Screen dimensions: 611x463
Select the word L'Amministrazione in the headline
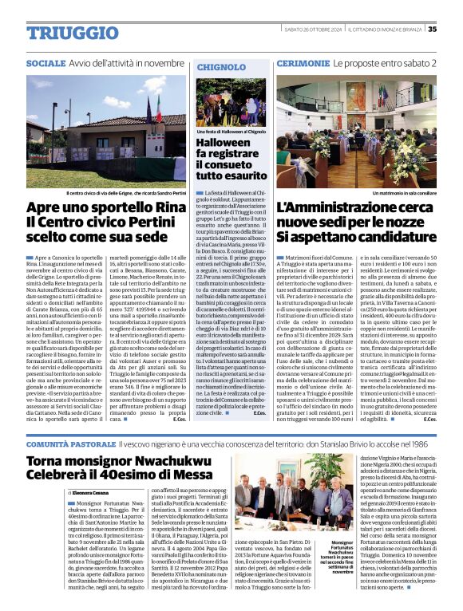coord(338,208)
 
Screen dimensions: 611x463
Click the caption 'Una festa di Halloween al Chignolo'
coord(231,130)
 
